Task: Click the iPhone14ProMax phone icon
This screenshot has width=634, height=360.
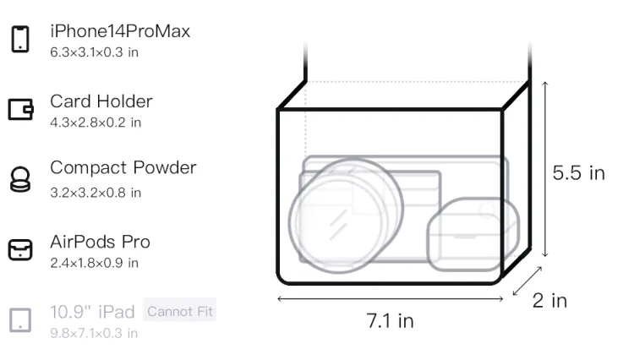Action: pyautogui.click(x=20, y=39)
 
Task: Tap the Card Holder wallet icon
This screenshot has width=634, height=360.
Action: pyautogui.click(x=20, y=109)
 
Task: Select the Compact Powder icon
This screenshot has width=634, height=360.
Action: pyautogui.click(x=19, y=179)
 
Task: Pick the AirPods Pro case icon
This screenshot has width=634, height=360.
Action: pyautogui.click(x=20, y=249)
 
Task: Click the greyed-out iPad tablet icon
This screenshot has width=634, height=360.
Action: pyautogui.click(x=20, y=320)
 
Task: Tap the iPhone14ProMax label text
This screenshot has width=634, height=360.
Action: pyautogui.click(x=120, y=31)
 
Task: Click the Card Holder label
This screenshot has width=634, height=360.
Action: pyautogui.click(x=101, y=101)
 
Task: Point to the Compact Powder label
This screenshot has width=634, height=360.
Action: pyautogui.click(x=123, y=168)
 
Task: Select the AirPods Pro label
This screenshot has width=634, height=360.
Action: pyautogui.click(x=100, y=242)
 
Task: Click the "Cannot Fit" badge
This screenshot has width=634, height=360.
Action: pyautogui.click(x=180, y=311)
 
